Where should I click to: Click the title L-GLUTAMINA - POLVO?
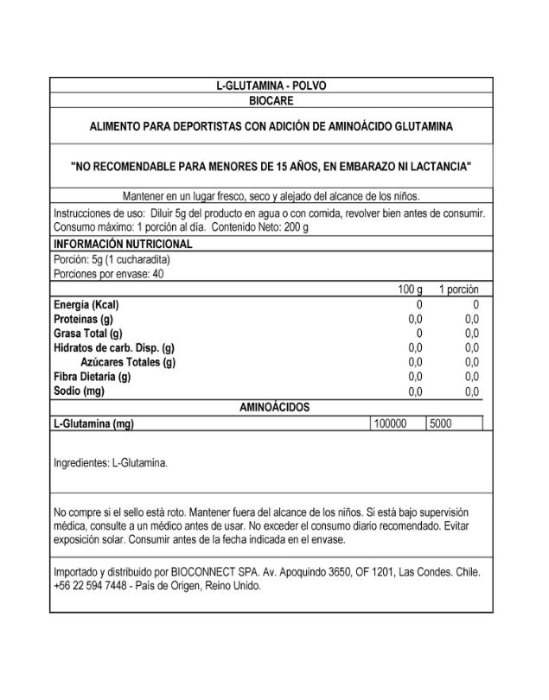271,86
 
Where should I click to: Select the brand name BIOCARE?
271,100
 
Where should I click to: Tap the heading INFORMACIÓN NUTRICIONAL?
123,245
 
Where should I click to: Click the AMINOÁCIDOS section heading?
274,406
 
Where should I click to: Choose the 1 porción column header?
458,290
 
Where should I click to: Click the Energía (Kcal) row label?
86,305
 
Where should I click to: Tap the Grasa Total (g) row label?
88,334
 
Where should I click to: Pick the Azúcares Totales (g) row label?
128,362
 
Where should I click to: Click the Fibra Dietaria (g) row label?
93,376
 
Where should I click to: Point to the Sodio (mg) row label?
79,391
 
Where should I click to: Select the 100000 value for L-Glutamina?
389,423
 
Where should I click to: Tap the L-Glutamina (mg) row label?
93,423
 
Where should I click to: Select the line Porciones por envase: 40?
109,274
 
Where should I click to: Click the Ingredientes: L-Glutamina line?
111,462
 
